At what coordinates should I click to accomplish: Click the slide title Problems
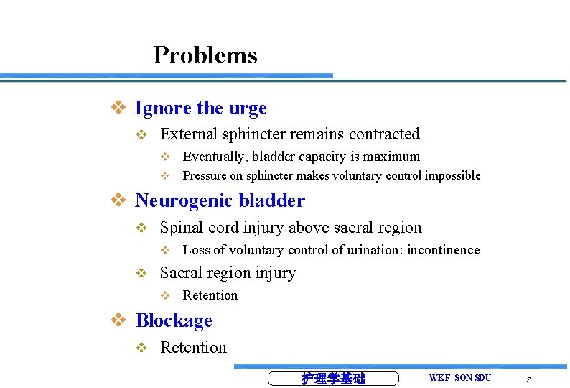(205, 55)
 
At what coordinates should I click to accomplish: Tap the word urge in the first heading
(248, 108)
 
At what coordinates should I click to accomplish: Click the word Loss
(196, 250)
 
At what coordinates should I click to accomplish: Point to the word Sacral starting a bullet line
(182, 273)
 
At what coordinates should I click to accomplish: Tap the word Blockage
(174, 320)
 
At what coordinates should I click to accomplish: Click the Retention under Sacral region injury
(210, 295)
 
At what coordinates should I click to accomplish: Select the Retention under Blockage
(193, 348)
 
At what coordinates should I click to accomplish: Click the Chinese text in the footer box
(332, 379)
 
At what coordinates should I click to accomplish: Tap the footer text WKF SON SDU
(460, 378)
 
